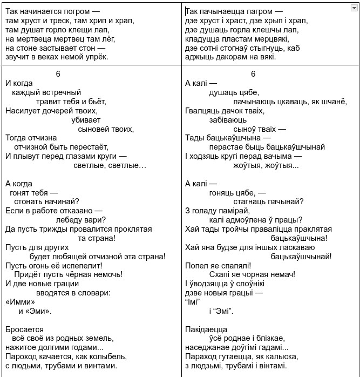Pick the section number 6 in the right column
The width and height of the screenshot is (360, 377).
tap(253, 74)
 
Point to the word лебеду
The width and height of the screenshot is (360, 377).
tap(71, 219)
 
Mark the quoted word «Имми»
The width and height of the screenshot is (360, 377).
tap(20, 302)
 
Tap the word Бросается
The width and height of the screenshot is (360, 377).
tap(24, 329)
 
